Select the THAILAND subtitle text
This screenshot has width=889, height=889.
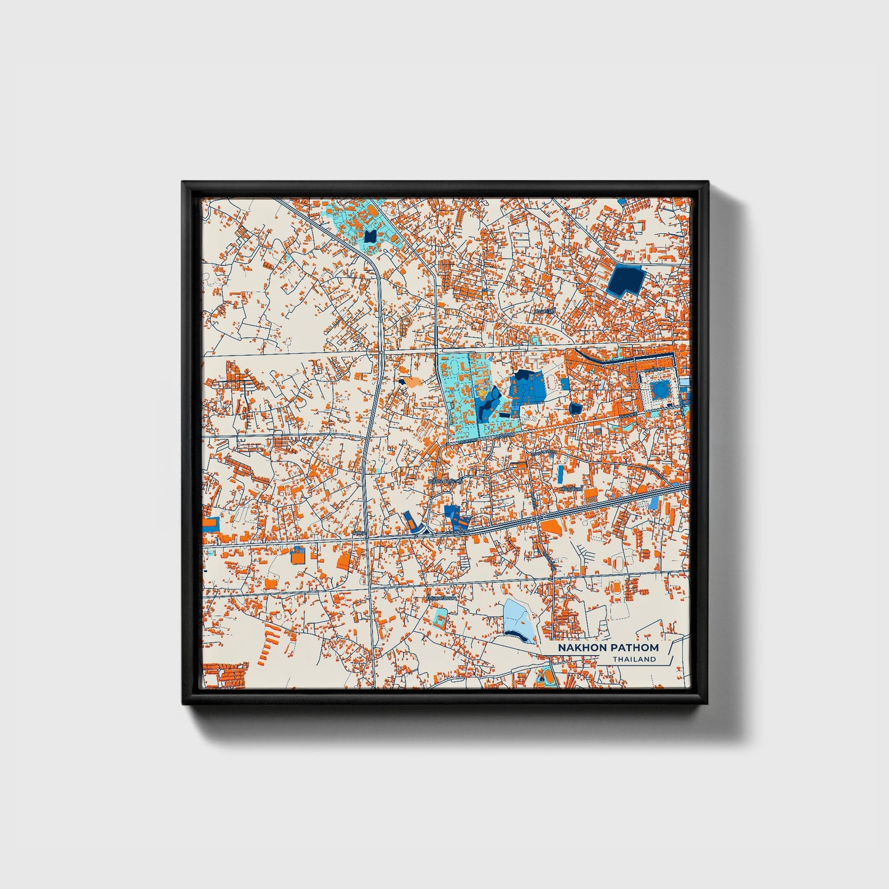pyautogui.click(x=634, y=660)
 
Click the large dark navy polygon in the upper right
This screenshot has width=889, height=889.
pyautogui.click(x=624, y=280)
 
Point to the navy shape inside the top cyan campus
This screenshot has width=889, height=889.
pyautogui.click(x=370, y=236)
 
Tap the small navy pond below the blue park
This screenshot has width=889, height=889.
pyautogui.click(x=575, y=409)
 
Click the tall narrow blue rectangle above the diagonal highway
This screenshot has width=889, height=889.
pyautogui.click(x=560, y=474)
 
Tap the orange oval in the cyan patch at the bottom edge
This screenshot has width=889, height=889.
pyautogui.click(x=544, y=679)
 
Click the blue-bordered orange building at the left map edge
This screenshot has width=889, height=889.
pyautogui.click(x=210, y=524)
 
